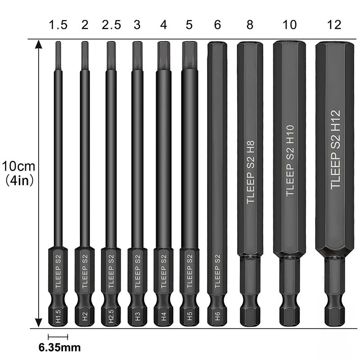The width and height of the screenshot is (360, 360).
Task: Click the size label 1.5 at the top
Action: click(x=58, y=25)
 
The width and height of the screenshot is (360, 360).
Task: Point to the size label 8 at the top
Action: click(x=250, y=25)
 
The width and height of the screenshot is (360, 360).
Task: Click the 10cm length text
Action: click(x=18, y=166)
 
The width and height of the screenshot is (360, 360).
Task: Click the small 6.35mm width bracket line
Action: click(x=58, y=337)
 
